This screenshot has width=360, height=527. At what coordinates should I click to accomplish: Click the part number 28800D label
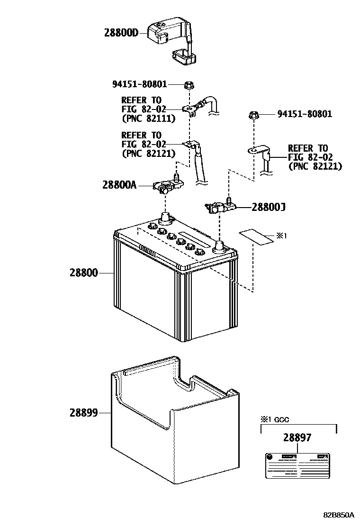(121, 33)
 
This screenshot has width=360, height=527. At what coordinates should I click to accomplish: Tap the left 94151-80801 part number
(140, 85)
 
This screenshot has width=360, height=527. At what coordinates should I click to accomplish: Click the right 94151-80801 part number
(305, 114)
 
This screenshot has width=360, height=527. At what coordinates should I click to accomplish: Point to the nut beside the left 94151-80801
(188, 85)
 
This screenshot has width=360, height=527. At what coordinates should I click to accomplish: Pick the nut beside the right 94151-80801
(253, 115)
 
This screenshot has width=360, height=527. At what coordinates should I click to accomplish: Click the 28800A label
(119, 185)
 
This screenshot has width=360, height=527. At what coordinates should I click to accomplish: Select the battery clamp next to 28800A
(164, 187)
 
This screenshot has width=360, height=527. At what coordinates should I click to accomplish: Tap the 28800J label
(268, 207)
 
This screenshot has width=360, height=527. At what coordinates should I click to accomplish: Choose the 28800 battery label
(83, 273)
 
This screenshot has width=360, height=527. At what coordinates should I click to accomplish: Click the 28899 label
(83, 413)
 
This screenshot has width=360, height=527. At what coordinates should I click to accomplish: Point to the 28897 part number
(297, 438)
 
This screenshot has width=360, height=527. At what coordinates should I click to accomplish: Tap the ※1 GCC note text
(274, 419)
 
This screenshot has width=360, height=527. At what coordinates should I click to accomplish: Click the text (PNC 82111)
(148, 118)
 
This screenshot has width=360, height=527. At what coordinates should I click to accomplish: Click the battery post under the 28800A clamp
(165, 219)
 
